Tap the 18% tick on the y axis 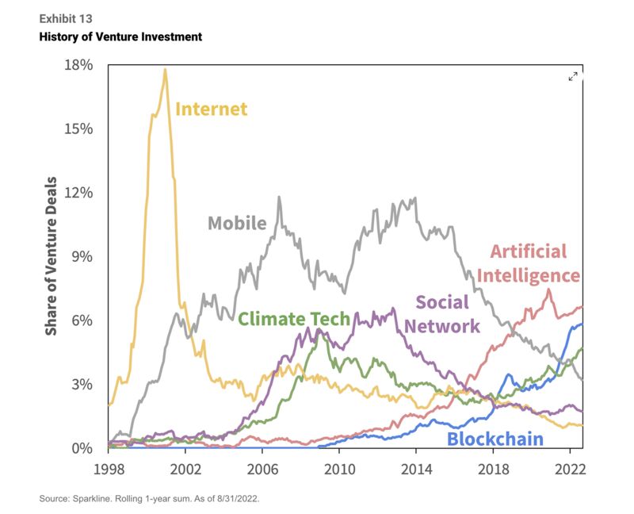[79, 65]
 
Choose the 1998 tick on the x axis [109, 468]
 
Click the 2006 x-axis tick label [262, 468]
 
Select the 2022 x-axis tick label [571, 468]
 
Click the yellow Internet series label [211, 109]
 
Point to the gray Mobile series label [237, 223]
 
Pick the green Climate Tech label [294, 320]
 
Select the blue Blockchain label [495, 439]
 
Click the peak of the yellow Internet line [165, 70]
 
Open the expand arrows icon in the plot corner [574, 76]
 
